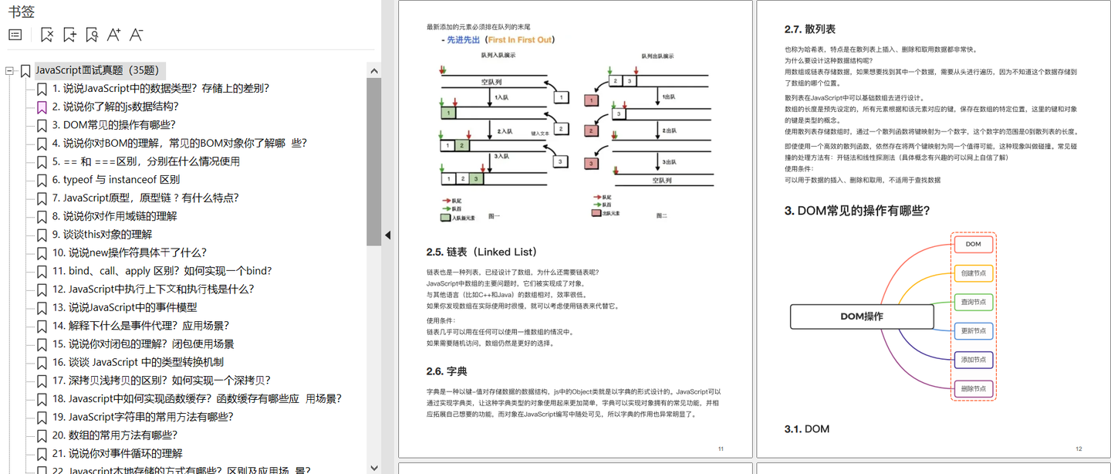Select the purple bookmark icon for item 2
(x=42, y=107)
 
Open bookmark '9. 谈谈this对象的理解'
(x=102, y=235)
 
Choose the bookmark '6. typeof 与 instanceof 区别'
(x=116, y=180)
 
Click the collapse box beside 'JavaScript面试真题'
(x=10, y=71)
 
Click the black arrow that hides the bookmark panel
(x=387, y=235)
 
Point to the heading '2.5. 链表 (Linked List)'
(x=481, y=252)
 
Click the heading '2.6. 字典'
(x=447, y=371)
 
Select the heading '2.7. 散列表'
(x=809, y=29)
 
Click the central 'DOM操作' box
(x=861, y=317)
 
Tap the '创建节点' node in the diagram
(x=973, y=273)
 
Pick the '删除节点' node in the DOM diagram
(x=973, y=388)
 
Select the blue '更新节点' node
(x=973, y=331)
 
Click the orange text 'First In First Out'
(x=520, y=40)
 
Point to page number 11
(x=721, y=449)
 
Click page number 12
(x=1079, y=449)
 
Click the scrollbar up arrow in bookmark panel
(x=374, y=71)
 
